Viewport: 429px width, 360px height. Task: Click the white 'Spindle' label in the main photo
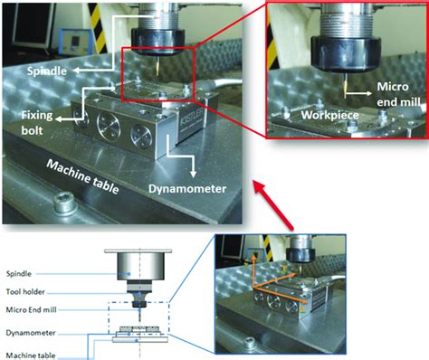pos(47,71)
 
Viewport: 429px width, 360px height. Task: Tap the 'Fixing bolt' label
pos(37,123)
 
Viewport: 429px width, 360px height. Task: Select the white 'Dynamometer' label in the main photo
pos(187,189)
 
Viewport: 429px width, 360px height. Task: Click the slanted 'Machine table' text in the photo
pos(82,176)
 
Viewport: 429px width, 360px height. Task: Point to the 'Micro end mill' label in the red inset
pos(398,94)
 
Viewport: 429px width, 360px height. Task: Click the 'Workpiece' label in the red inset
pos(329,115)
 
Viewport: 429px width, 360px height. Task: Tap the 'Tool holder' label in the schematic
pos(25,291)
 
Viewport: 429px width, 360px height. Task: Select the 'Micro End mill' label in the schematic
pos(31,309)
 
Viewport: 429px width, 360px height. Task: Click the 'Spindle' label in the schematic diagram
pos(19,274)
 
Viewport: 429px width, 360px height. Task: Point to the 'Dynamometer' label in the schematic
pos(31,333)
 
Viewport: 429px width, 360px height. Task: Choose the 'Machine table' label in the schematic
pos(31,355)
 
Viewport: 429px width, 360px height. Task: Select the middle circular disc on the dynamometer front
pos(109,127)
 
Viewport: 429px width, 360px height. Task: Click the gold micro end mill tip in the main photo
pos(157,66)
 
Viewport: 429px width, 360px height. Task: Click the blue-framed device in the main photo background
pos(76,42)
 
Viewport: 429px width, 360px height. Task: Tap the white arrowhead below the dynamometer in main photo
pos(194,174)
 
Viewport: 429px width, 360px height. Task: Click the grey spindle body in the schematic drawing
pos(141,266)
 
